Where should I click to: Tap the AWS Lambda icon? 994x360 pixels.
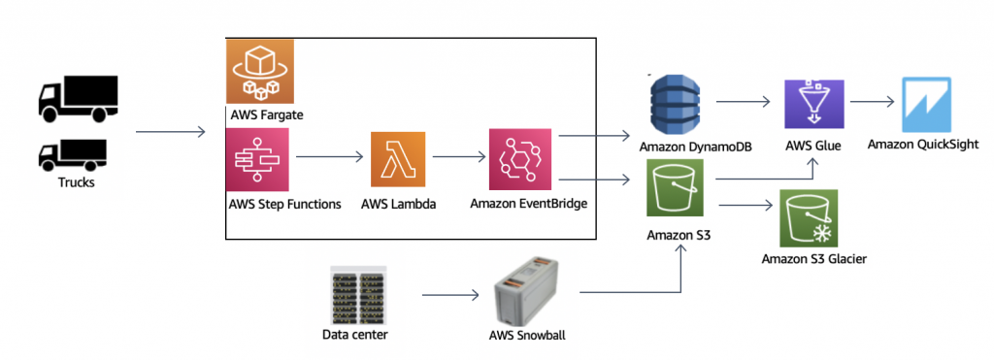click(398, 159)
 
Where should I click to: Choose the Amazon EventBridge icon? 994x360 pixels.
click(518, 159)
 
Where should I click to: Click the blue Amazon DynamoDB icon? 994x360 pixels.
click(677, 102)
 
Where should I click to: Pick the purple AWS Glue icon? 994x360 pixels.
click(812, 102)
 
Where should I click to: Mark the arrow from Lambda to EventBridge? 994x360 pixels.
click(456, 156)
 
